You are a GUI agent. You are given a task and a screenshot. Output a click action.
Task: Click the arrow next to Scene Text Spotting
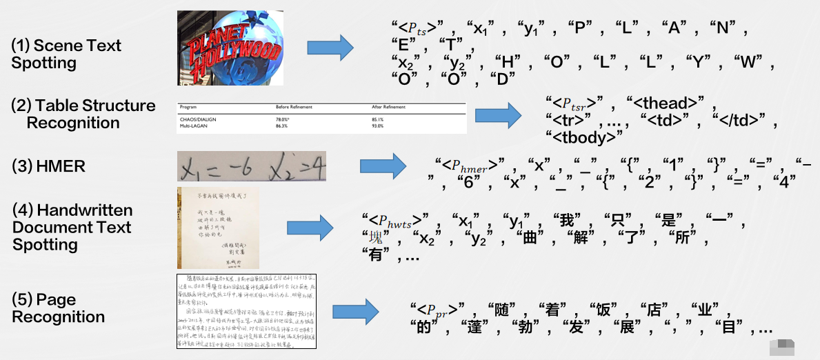tap(330, 48)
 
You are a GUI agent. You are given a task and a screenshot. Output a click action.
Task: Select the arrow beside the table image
tap(499, 114)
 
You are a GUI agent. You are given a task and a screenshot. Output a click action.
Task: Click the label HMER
tap(35, 167)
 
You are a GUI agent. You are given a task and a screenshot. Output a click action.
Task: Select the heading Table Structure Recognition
tap(83, 114)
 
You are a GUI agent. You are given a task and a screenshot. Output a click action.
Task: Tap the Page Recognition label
tap(58, 308)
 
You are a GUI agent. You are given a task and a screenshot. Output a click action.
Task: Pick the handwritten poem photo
tap(218, 228)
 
